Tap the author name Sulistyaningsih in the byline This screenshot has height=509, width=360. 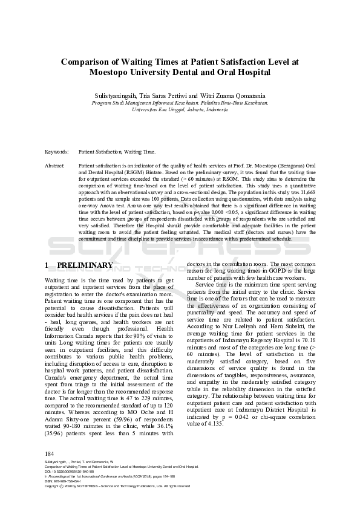click(114, 96)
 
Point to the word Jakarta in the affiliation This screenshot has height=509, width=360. click(201, 111)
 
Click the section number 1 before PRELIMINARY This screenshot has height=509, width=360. click(47, 265)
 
